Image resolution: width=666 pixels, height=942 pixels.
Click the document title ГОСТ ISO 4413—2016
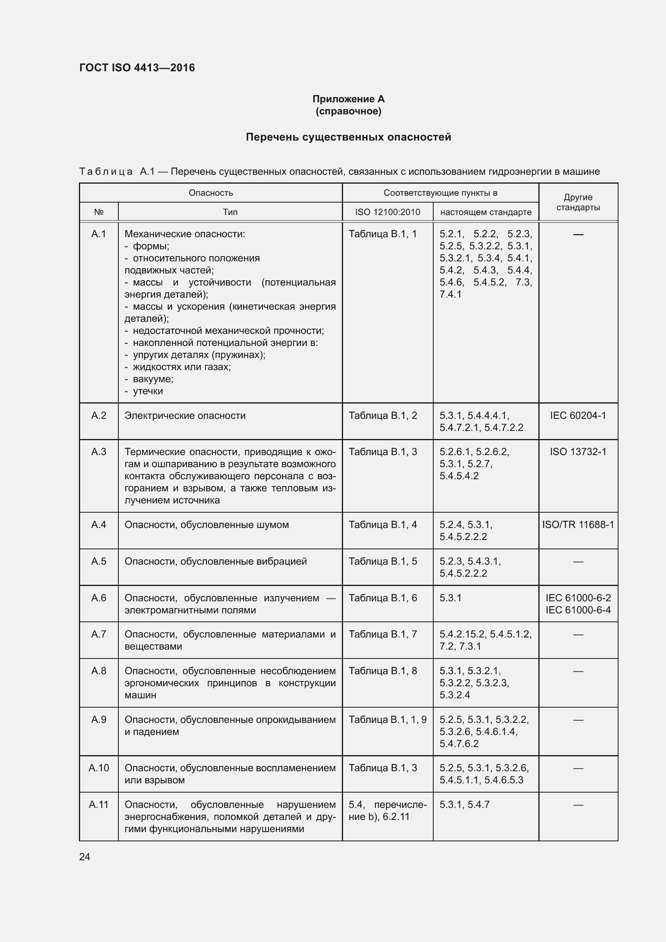(137, 68)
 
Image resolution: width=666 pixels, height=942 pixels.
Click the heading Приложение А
(348, 99)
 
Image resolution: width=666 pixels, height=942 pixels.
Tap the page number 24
(85, 857)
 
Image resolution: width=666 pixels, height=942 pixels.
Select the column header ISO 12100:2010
(387, 212)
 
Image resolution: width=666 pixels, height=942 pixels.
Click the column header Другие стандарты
(578, 202)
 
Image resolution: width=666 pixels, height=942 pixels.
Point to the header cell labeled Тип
(230, 212)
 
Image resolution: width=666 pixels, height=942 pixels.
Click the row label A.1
(98, 234)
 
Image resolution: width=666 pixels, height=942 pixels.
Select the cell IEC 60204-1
(578, 415)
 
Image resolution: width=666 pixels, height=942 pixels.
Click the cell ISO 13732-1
(578, 452)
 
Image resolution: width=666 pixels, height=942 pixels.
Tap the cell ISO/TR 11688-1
(578, 524)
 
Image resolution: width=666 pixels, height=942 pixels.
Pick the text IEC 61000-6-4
(578, 610)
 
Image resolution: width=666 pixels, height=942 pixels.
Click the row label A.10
(98, 768)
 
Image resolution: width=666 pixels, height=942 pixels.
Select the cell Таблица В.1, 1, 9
(387, 720)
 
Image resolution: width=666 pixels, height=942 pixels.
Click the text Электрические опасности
(185, 416)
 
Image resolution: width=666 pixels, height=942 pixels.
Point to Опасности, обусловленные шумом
(207, 525)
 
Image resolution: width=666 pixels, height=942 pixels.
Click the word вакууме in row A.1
(153, 379)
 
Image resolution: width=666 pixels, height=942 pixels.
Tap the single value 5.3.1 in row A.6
(450, 598)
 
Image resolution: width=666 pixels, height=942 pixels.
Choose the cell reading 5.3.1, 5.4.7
(464, 805)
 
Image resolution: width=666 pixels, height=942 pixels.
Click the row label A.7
(98, 634)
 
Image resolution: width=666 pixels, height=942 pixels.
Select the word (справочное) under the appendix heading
(348, 112)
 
